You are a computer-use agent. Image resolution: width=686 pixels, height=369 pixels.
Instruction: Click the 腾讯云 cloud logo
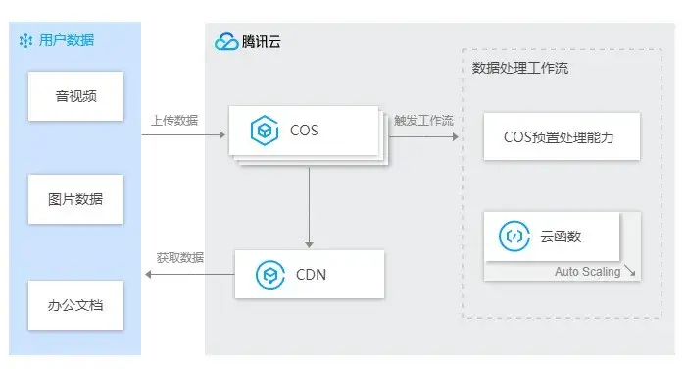coord(226,42)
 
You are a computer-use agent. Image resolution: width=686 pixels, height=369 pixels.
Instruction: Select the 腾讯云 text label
coord(264,42)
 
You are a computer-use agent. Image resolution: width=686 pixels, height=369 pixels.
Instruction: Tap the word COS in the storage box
coord(304,130)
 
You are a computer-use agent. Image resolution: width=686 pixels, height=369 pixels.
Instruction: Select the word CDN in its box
coord(311,275)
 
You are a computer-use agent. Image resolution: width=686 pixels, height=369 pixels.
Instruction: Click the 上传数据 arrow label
coord(174,120)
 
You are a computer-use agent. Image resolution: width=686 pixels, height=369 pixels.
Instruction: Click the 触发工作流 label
coord(423,120)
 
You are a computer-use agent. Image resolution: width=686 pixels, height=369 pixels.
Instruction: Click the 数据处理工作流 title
coord(519,69)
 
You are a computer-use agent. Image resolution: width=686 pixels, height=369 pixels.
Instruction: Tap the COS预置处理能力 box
coord(559,136)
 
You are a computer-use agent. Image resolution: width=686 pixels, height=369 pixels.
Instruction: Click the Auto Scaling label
coord(587,271)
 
